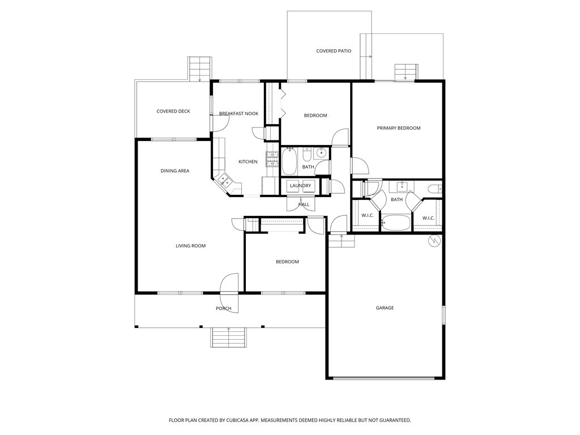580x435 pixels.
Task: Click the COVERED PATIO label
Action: pos(334,51)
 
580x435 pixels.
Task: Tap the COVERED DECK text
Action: pos(173,112)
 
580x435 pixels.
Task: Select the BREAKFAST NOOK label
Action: pos(238,114)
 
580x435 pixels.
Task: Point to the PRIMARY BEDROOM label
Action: pos(399,128)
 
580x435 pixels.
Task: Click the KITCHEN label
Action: pos(248,162)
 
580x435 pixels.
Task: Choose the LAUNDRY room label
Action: pos(300,186)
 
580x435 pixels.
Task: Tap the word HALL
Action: pos(304,204)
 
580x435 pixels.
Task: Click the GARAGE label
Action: pos(385,308)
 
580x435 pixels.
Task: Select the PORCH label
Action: pos(223,309)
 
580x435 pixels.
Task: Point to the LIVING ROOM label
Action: pos(190,246)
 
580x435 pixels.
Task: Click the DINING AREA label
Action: pos(175,171)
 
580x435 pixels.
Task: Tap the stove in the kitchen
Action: pos(272,159)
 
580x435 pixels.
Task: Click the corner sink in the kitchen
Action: pos(224,181)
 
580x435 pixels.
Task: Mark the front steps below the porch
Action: pos(229,338)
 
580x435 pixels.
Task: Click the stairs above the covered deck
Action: pos(199,69)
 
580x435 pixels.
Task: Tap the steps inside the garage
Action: pos(342,242)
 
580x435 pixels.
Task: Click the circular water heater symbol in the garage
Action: pos(434,241)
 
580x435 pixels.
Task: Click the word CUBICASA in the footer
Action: pos(237,420)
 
